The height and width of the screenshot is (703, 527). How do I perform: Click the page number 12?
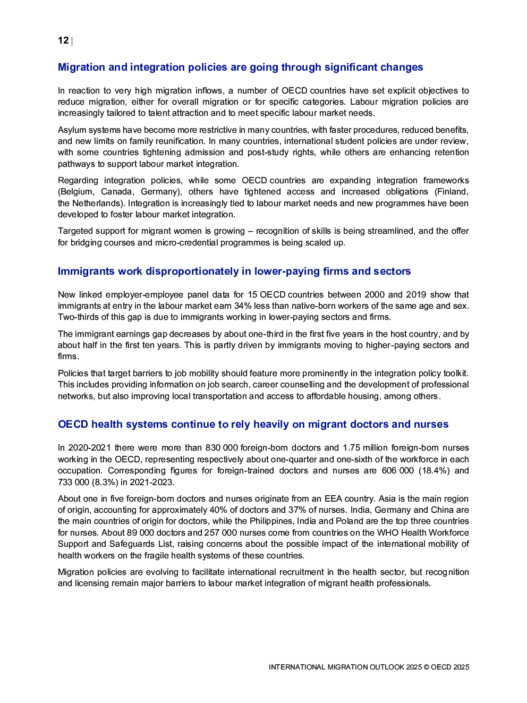[x=63, y=40]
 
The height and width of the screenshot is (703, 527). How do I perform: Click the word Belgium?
[x=76, y=192]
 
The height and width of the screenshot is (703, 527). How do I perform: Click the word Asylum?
[x=72, y=130]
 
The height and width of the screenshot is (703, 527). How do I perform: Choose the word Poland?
[x=350, y=521]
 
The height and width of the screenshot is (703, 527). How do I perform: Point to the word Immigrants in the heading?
[x=86, y=272]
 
